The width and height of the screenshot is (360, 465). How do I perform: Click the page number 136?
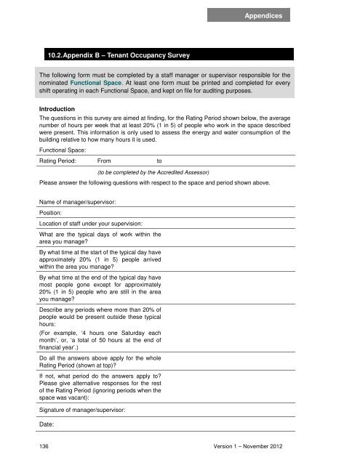pyautogui.click(x=45, y=445)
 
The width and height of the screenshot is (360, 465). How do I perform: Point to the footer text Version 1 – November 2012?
pyautogui.click(x=287, y=445)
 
